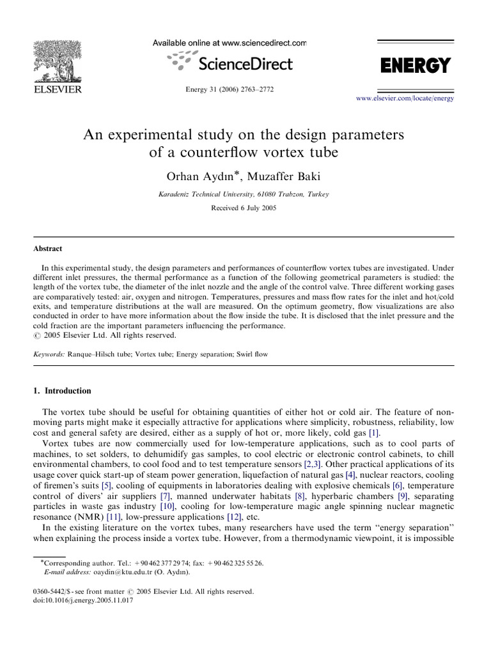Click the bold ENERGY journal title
coord(416,65)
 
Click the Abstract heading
coord(48,248)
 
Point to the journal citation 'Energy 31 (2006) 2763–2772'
coord(230,89)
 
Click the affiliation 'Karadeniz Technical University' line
coord(244,194)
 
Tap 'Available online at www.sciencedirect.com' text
coord(230,43)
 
